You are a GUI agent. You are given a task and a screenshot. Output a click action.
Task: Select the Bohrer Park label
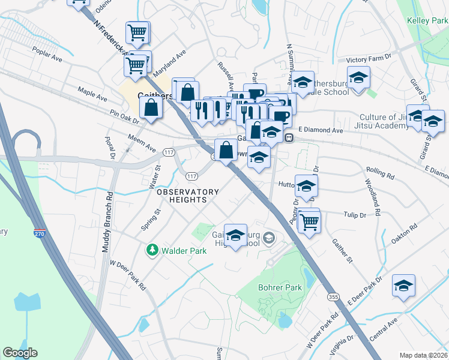[x=280, y=288]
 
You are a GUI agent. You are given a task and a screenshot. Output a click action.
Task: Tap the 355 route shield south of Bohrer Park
[x=334, y=297]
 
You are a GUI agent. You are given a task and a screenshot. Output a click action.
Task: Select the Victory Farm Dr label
[x=373, y=59]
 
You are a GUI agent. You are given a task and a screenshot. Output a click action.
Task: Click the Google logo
[x=20, y=353]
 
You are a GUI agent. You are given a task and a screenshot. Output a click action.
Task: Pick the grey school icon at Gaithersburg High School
[x=268, y=238]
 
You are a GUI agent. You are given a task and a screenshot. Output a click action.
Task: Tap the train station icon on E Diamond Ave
[x=289, y=137]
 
